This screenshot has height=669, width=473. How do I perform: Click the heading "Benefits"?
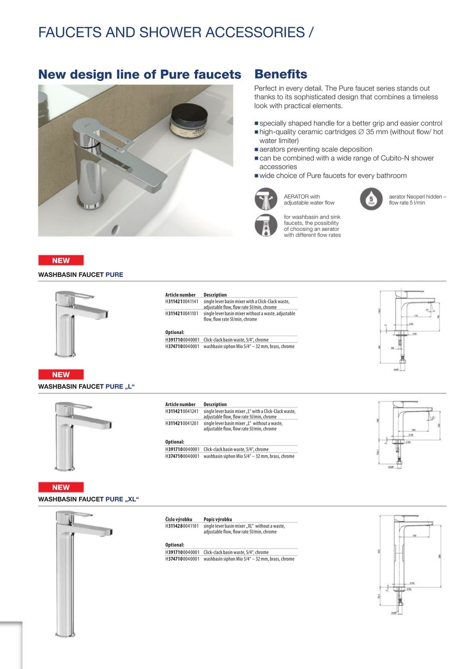click(x=280, y=74)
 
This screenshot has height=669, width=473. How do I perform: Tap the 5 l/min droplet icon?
click(x=371, y=199)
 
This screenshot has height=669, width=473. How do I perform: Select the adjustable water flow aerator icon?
click(x=266, y=199)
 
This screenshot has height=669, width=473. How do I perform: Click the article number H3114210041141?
click(x=182, y=302)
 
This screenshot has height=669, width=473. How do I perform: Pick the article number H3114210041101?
click(x=182, y=313)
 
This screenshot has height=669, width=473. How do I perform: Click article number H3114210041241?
click(x=182, y=411)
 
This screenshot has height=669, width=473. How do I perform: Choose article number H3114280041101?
click(x=182, y=526)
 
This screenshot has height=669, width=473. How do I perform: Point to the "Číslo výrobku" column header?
click(x=179, y=519)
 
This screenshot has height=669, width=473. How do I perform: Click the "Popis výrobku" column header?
click(x=218, y=519)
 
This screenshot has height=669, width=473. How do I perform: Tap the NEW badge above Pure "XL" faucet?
click(x=61, y=487)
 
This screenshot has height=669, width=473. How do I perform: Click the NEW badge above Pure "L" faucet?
click(x=61, y=375)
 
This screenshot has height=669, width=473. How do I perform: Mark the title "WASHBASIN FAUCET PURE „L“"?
click(x=86, y=387)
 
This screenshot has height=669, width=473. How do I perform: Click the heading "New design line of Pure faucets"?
click(x=140, y=75)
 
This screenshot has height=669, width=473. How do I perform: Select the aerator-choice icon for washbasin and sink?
click(x=266, y=226)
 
